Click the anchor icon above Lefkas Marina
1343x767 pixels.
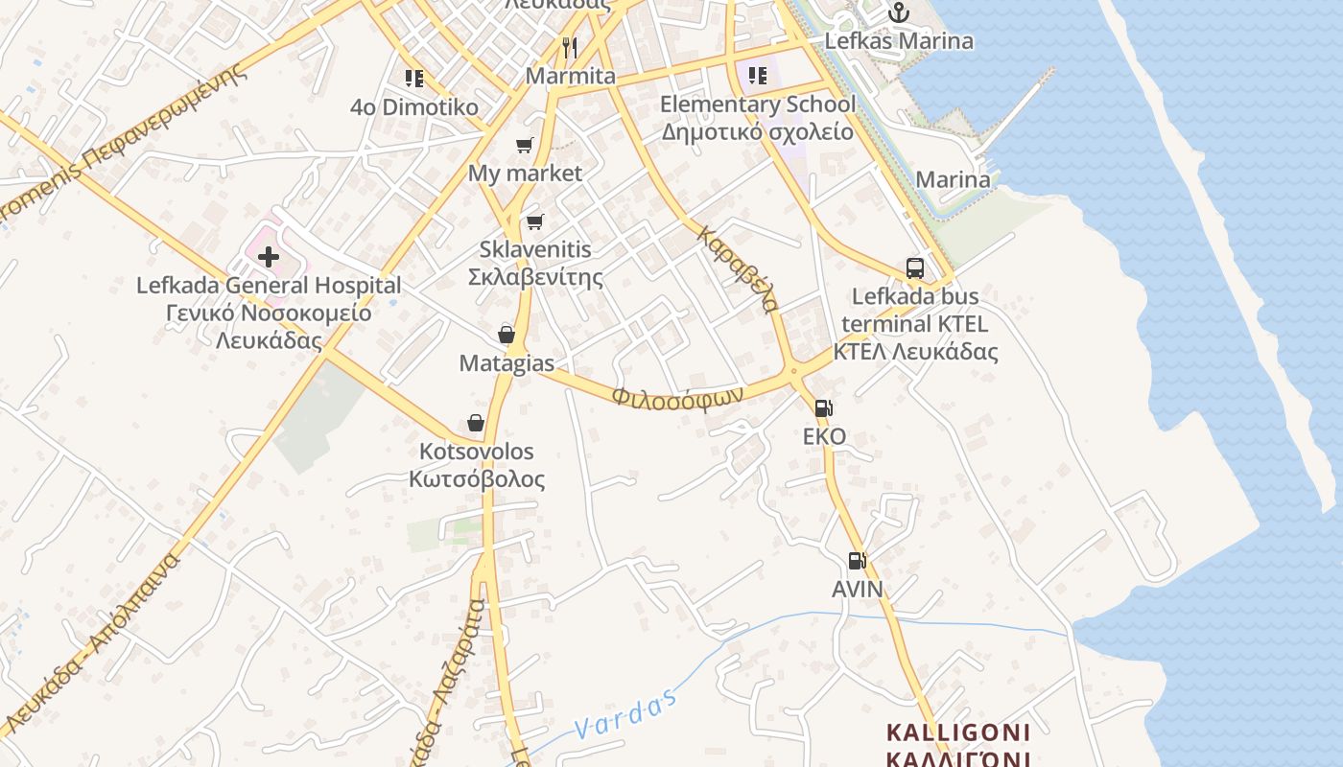(898, 13)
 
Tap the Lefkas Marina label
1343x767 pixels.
(899, 41)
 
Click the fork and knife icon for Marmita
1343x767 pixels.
(570, 47)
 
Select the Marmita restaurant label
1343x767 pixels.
(571, 76)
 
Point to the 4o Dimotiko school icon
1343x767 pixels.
(414, 79)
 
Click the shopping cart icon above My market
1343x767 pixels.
(525, 146)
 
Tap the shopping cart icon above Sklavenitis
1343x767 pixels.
(535, 221)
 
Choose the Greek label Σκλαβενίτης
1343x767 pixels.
(535, 278)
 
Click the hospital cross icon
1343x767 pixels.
(269, 257)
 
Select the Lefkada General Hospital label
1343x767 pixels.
(269, 286)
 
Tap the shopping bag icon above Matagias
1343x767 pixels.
(507, 335)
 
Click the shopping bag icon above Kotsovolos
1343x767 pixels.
(476, 423)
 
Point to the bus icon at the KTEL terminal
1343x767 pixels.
(915, 267)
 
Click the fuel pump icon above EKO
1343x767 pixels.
(824, 408)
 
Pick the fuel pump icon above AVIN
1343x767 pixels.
(858, 561)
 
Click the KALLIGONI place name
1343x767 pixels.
(957, 733)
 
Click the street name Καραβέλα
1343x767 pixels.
(739, 269)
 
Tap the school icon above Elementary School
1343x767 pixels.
(758, 76)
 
